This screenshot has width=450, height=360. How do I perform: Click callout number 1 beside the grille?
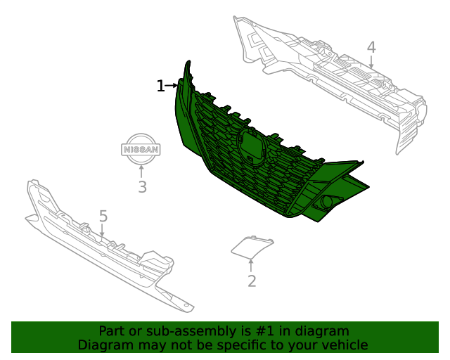tap(160, 86)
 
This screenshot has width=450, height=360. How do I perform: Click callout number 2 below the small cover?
tap(251, 281)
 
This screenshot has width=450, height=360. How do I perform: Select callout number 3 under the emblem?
tap(142, 187)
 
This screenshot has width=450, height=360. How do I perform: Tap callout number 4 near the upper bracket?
tap(371, 47)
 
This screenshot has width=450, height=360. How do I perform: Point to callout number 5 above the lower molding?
tap(103, 215)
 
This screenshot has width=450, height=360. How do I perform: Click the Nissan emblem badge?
tap(141, 149)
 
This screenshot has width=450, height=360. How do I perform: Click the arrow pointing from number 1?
tap(172, 86)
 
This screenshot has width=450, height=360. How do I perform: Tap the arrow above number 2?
tap(251, 264)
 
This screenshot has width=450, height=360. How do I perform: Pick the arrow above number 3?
tap(142, 171)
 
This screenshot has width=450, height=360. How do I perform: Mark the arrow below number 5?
tap(103, 229)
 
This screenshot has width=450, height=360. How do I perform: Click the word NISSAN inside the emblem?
tap(141, 150)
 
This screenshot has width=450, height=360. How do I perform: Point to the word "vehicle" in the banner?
tap(344, 345)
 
